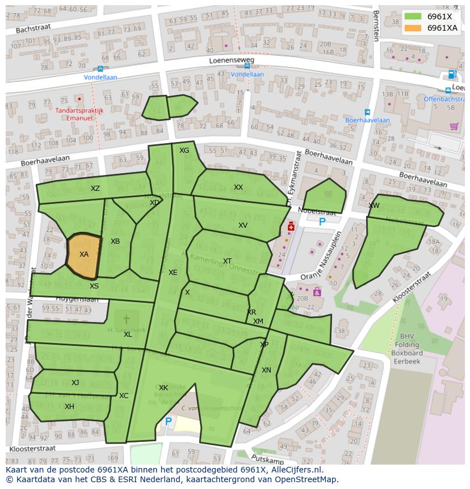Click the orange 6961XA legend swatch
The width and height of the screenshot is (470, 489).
click(x=413, y=28)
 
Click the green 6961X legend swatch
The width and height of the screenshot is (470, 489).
click(x=413, y=16)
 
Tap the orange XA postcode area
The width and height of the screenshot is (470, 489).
click(x=83, y=255)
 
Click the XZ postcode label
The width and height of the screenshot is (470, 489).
click(x=95, y=189)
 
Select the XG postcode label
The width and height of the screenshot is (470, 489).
click(x=184, y=151)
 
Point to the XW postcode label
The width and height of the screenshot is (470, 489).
click(x=374, y=206)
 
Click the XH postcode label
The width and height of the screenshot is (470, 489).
click(x=69, y=406)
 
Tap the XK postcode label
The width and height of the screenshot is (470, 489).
click(x=163, y=388)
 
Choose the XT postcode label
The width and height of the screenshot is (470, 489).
click(x=227, y=261)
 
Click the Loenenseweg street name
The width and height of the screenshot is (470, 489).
click(x=232, y=60)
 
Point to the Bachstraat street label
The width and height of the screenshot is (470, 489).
click(x=33, y=28)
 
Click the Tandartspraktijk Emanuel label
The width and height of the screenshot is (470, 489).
click(x=79, y=114)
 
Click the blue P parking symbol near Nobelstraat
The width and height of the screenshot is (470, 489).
click(x=322, y=222)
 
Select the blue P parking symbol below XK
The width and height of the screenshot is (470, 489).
click(x=168, y=421)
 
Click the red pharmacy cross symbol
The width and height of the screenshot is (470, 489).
click(x=291, y=227)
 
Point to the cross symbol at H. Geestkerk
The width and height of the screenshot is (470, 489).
click(x=126, y=320)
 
